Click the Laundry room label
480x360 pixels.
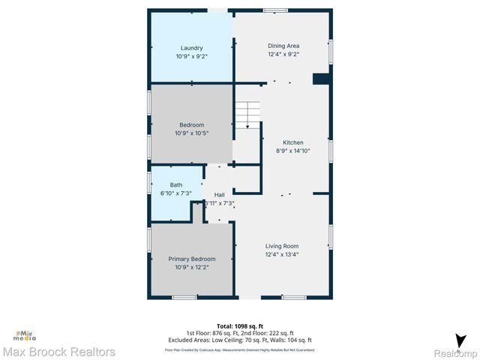[191, 48]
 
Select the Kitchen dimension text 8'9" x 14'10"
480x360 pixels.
[292, 151]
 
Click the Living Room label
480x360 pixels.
[282, 246]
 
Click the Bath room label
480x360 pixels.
[175, 184]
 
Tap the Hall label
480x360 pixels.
[219, 194]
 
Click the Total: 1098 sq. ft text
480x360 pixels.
[240, 326]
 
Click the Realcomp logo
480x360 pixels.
[456, 346]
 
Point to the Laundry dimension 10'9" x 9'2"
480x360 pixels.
[191, 56]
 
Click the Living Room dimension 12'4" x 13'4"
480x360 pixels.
[282, 254]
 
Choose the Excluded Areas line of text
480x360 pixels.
[240, 341]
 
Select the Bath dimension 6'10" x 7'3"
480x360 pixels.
[175, 193]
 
